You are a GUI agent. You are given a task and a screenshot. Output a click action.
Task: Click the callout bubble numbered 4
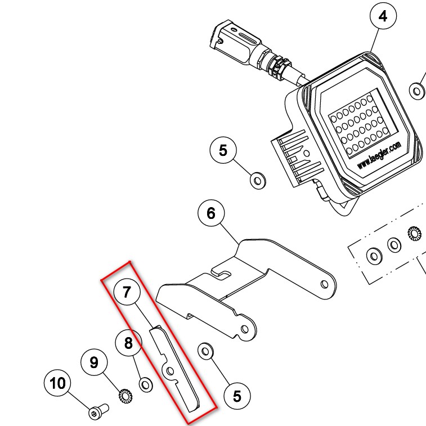pyautogui.click(x=383, y=16)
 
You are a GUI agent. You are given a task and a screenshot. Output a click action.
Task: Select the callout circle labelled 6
pyautogui.click(x=211, y=213)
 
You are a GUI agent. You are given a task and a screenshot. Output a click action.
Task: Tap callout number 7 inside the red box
pyautogui.click(x=127, y=292)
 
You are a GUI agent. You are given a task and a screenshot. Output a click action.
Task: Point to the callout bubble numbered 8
pyautogui.click(x=129, y=343)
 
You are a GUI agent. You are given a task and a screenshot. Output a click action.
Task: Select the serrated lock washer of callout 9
pyautogui.click(x=124, y=396)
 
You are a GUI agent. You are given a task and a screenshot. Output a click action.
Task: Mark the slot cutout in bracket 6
pyautogui.click(x=223, y=275)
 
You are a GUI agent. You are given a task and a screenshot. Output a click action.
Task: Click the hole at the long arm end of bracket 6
pyautogui.click(x=325, y=285)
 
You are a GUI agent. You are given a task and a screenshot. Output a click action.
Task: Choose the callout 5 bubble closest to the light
pyautogui.click(x=223, y=150)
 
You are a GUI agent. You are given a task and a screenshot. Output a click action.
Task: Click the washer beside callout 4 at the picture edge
pyautogui.click(x=417, y=90)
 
